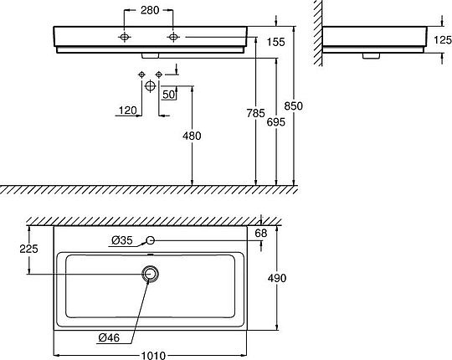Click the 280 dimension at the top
click(x=150, y=10)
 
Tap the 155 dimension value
click(x=276, y=42)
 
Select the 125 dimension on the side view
click(x=443, y=40)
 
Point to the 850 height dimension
click(x=294, y=106)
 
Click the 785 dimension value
click(x=255, y=113)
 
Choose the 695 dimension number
click(x=276, y=122)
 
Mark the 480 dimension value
click(x=192, y=136)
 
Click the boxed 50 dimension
click(x=168, y=95)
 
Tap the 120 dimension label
click(x=128, y=111)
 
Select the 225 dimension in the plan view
click(x=28, y=249)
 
